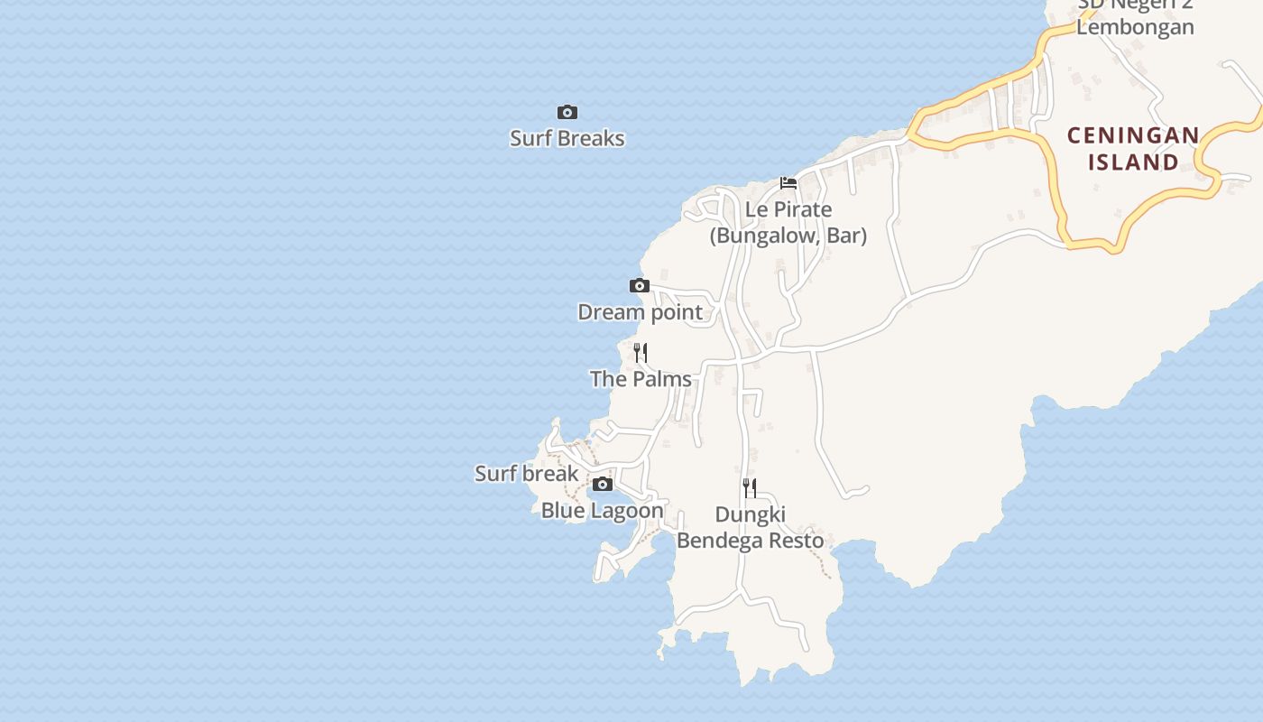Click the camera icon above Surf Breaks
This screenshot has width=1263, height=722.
point(567,113)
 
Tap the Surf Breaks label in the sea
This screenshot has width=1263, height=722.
point(567,138)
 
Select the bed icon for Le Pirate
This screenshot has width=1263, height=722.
point(788,183)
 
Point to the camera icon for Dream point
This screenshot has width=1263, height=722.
point(640,286)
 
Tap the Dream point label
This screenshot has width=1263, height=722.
point(640,312)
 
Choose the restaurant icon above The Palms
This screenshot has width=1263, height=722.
point(641,352)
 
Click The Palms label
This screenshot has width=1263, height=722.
point(641,379)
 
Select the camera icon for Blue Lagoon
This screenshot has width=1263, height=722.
point(603,485)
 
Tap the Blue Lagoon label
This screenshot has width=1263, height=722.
point(602,511)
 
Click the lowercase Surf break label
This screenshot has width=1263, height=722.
point(527,474)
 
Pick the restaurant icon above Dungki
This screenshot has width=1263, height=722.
point(750,488)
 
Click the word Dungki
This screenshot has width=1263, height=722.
point(751,515)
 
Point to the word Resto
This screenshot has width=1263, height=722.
point(794,541)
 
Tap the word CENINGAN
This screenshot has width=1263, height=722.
point(1134,136)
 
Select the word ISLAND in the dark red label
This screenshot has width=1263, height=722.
point(1134,162)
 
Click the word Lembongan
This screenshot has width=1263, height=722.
point(1135,27)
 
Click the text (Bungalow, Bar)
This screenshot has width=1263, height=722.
point(788,236)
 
